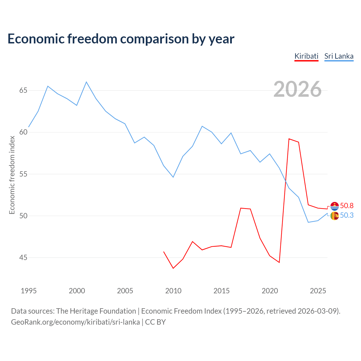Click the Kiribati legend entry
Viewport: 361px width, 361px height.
(306, 56)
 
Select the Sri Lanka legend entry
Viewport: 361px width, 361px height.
(339, 56)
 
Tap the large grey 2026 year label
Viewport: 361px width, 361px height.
(297, 89)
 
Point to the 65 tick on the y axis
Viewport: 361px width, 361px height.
(23, 91)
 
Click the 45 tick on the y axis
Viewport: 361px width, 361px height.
(23, 257)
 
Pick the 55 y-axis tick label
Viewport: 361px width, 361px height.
(23, 174)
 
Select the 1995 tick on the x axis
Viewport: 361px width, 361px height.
(29, 291)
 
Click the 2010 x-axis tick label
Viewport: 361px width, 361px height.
(173, 291)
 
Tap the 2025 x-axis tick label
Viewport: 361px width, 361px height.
(318, 291)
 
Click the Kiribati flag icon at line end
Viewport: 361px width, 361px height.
(334, 206)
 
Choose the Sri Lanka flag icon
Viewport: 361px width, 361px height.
(334, 216)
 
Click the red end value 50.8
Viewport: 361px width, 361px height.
(347, 206)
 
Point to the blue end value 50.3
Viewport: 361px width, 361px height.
(347, 215)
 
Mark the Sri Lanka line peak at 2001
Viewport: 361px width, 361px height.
(86, 82)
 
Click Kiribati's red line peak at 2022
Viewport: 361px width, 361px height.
(289, 139)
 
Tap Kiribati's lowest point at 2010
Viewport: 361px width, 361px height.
(173, 268)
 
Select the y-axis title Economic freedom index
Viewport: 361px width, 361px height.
(12, 175)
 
